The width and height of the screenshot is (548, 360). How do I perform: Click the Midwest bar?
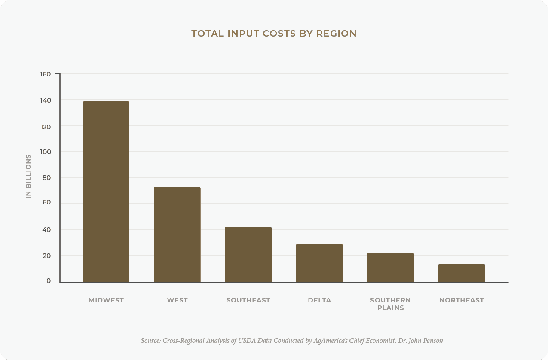click(106, 192)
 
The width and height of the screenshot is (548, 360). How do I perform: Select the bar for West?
click(177, 235)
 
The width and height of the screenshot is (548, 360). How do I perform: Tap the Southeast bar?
click(248, 254)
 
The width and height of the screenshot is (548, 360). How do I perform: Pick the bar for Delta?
click(319, 263)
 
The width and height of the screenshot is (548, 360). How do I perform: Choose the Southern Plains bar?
click(390, 267)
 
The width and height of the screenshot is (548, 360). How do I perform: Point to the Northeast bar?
click(462, 273)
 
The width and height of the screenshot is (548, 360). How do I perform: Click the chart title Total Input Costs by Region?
click(274, 34)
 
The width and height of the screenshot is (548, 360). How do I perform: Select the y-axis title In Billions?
click(28, 176)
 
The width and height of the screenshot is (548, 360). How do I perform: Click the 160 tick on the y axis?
click(46, 74)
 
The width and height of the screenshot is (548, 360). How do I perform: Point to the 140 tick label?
click(46, 100)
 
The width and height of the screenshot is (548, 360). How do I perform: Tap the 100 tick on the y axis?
click(46, 152)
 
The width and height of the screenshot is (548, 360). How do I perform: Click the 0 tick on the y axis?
click(49, 281)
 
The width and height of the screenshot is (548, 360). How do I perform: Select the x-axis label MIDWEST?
click(106, 300)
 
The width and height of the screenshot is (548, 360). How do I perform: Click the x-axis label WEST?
click(177, 300)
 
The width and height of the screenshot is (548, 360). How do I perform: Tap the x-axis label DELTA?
click(319, 300)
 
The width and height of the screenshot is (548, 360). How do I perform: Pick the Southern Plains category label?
click(390, 304)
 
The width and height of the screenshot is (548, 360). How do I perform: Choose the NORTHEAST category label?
click(462, 300)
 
